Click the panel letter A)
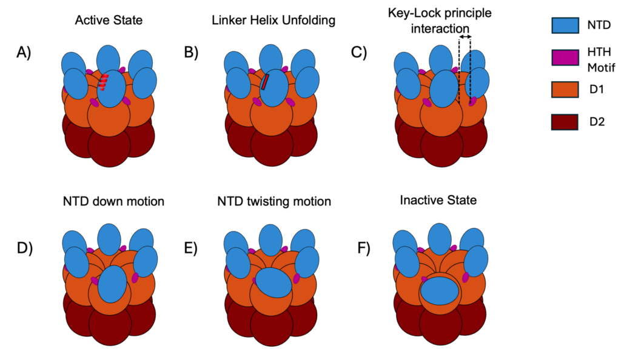click(24, 53)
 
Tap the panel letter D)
click(24, 248)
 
